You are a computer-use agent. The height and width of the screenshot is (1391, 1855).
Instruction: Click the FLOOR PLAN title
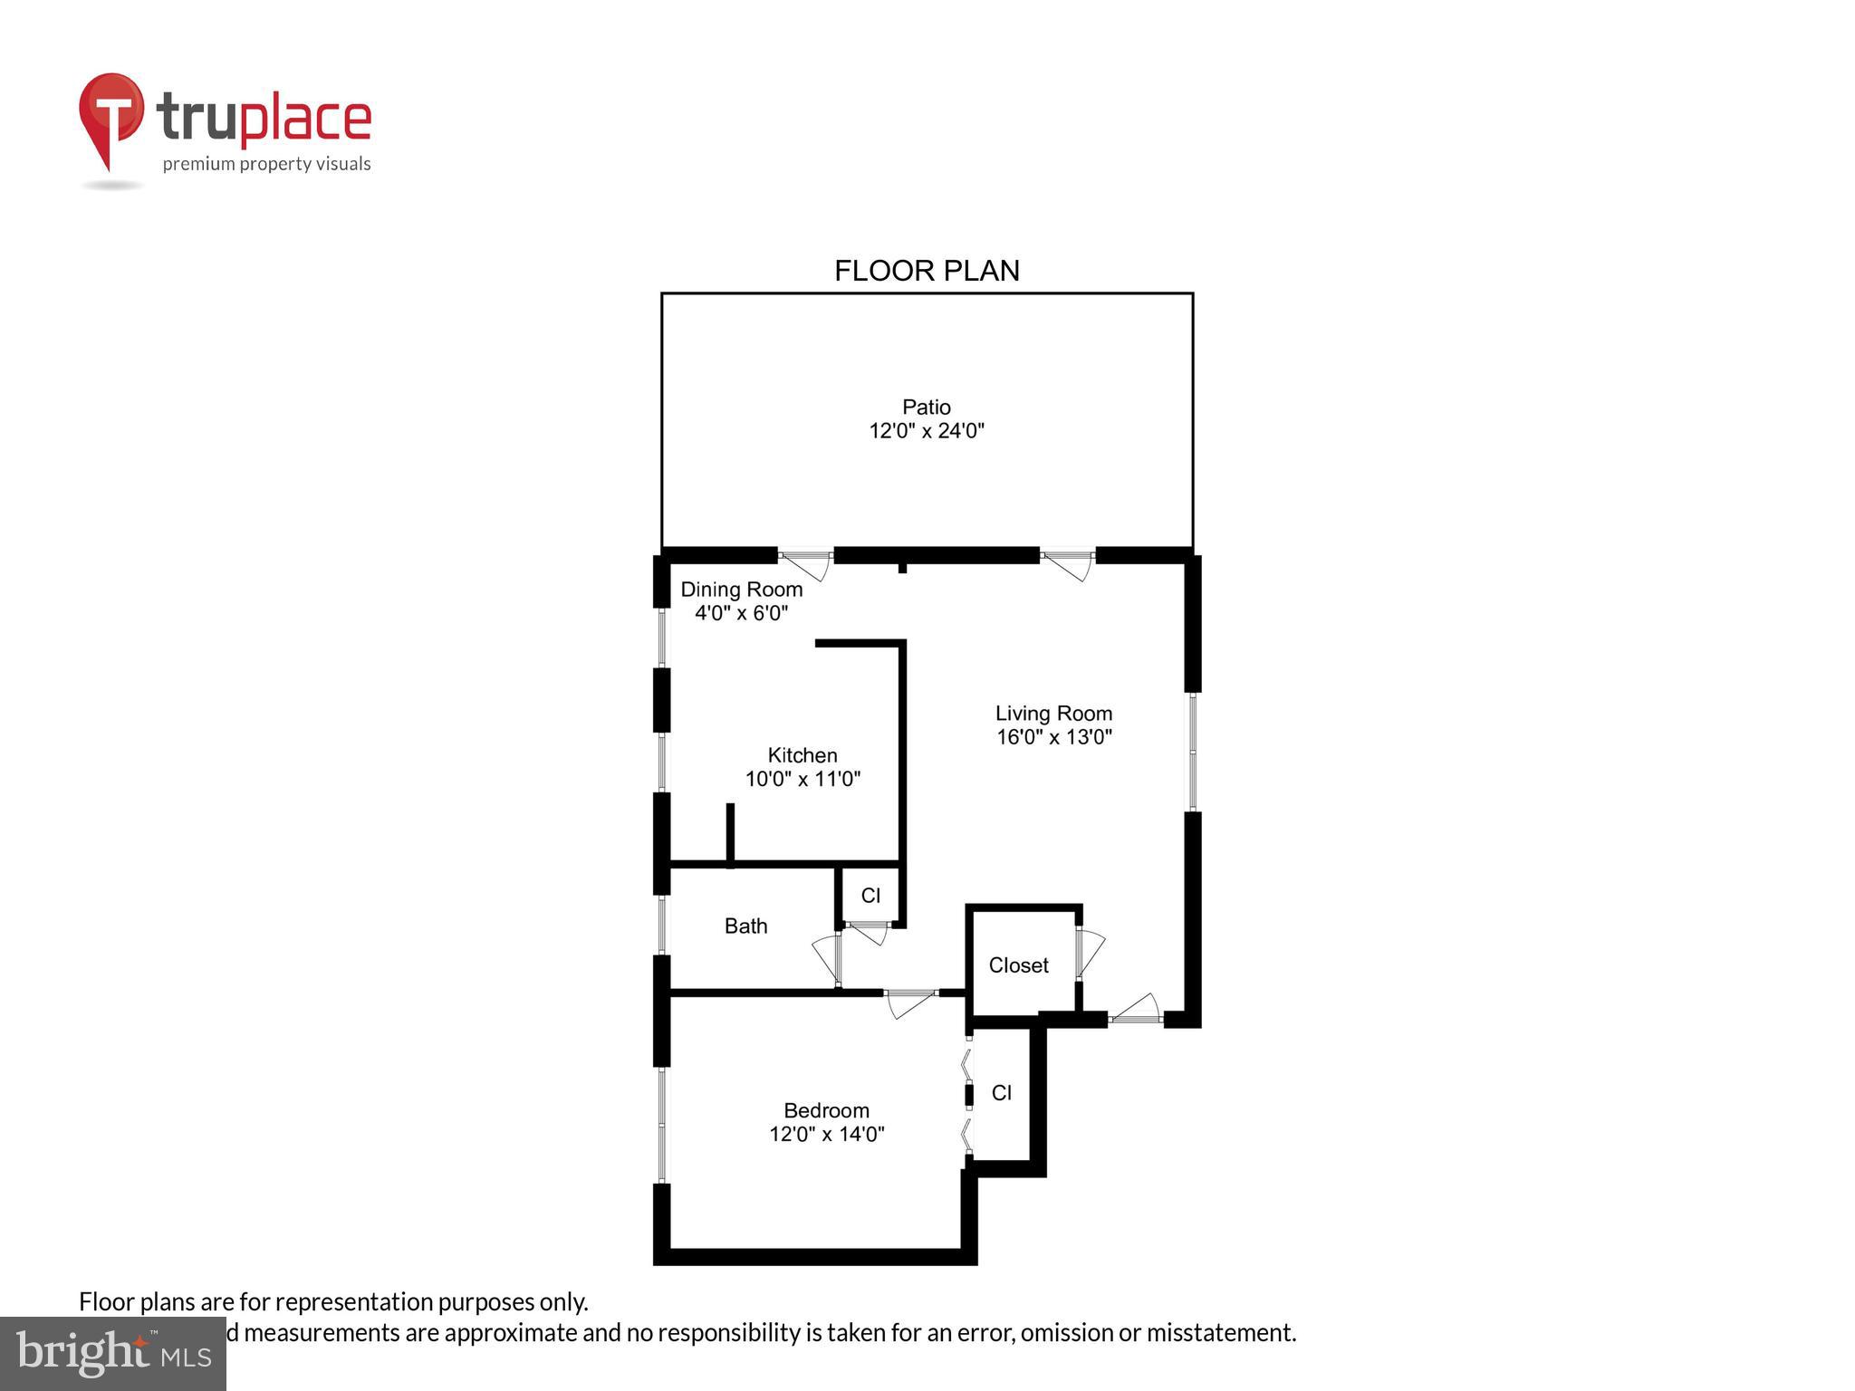tap(926, 271)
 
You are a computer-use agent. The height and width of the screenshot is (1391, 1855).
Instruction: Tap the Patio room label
tap(926, 407)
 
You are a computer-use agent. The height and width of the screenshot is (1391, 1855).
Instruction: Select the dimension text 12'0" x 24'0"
tap(926, 431)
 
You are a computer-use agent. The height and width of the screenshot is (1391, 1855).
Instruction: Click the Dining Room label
tap(741, 590)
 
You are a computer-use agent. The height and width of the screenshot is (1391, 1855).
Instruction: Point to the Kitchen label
tap(802, 755)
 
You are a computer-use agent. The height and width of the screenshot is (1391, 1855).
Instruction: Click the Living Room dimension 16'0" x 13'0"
tap(1053, 737)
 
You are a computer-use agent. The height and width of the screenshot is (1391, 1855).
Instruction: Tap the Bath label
tap(745, 926)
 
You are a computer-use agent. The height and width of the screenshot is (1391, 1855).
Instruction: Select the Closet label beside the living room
tap(1018, 965)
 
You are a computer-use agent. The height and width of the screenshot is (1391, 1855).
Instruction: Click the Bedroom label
tap(825, 1110)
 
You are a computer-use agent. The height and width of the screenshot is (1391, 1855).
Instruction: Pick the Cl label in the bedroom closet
tap(1001, 1093)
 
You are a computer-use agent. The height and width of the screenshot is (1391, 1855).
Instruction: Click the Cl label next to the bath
tap(870, 896)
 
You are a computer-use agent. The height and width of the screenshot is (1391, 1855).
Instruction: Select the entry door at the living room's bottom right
tap(1136, 1011)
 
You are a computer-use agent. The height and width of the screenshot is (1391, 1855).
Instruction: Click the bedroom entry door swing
tap(909, 1002)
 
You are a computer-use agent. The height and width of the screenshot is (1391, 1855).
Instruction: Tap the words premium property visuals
tap(266, 164)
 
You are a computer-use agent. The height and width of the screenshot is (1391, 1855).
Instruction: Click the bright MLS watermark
tap(112, 1353)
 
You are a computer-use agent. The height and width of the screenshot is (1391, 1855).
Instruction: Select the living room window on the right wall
tap(1193, 751)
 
